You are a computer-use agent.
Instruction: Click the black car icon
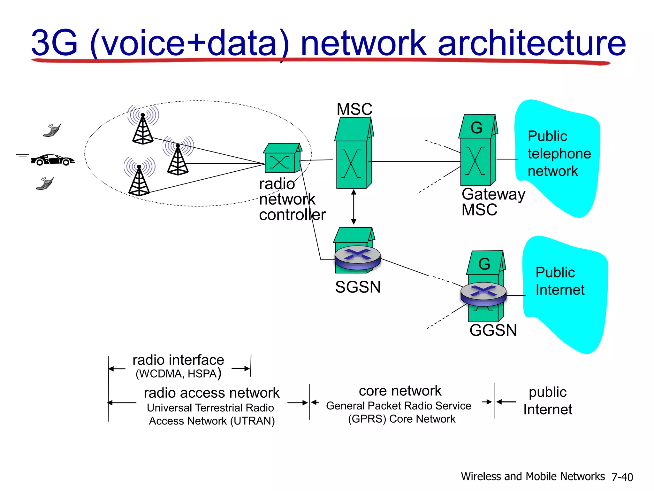point(53,159)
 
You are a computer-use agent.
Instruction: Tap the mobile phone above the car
point(52,130)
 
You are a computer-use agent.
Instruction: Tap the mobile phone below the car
point(45,183)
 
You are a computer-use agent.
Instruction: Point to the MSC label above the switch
point(354,109)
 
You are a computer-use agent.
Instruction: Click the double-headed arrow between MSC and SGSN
point(354,207)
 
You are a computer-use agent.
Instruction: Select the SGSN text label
point(358,287)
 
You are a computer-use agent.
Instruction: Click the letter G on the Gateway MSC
point(476,128)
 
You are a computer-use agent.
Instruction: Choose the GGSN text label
point(493,330)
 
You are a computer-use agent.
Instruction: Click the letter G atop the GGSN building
point(484,264)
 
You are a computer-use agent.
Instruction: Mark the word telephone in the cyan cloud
point(559,154)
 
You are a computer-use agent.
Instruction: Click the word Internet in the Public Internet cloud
point(560,290)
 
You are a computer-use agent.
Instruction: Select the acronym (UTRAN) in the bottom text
point(253,421)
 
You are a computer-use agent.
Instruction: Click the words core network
point(400,391)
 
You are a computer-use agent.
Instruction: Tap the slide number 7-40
point(622,477)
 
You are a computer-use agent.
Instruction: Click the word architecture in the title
point(531,43)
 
